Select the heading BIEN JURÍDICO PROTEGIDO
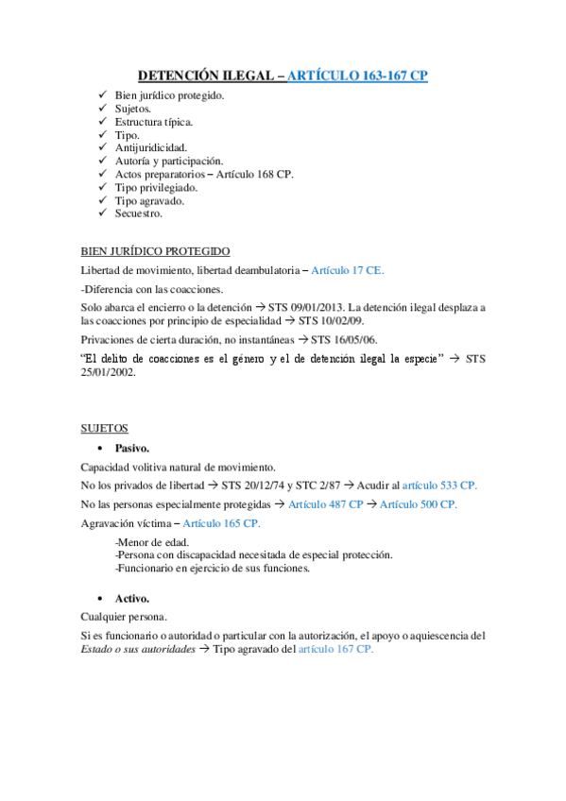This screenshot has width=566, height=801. (x=155, y=252)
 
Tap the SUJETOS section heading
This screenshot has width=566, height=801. (x=104, y=428)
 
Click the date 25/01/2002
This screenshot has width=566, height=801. (x=109, y=371)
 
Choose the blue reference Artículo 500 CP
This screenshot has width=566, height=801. (x=418, y=504)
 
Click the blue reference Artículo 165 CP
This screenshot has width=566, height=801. (x=222, y=523)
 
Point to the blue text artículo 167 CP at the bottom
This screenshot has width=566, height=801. (x=336, y=650)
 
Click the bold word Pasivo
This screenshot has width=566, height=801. (x=132, y=448)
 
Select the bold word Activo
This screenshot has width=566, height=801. (x=132, y=599)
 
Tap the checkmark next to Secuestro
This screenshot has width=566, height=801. (x=103, y=213)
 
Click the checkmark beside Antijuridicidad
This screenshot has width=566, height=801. (x=103, y=147)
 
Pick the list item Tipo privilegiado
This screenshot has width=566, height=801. (x=156, y=187)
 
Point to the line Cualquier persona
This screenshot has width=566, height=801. (x=125, y=617)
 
